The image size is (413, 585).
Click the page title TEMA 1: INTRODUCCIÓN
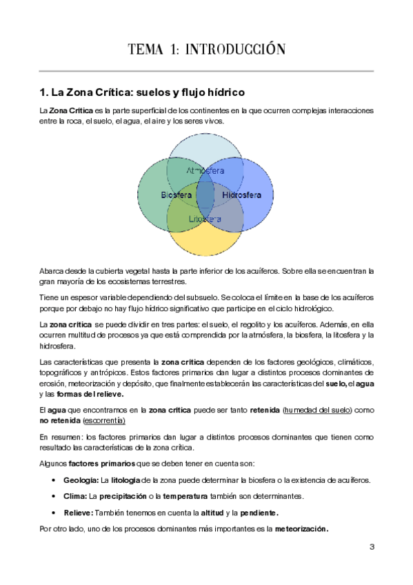pyautogui.click(x=206, y=49)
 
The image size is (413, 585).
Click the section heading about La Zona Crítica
pyautogui.click(x=143, y=92)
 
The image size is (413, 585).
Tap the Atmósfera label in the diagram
pyautogui.click(x=205, y=170)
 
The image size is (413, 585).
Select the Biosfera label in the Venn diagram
pyautogui.click(x=177, y=195)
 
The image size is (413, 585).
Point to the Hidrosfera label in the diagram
pyautogui.click(x=242, y=195)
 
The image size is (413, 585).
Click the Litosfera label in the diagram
pyautogui.click(x=205, y=219)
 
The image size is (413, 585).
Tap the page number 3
pyautogui.click(x=372, y=547)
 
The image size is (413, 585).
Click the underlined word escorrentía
pyautogui.click(x=105, y=419)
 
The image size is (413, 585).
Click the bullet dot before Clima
pyautogui.click(x=54, y=497)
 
